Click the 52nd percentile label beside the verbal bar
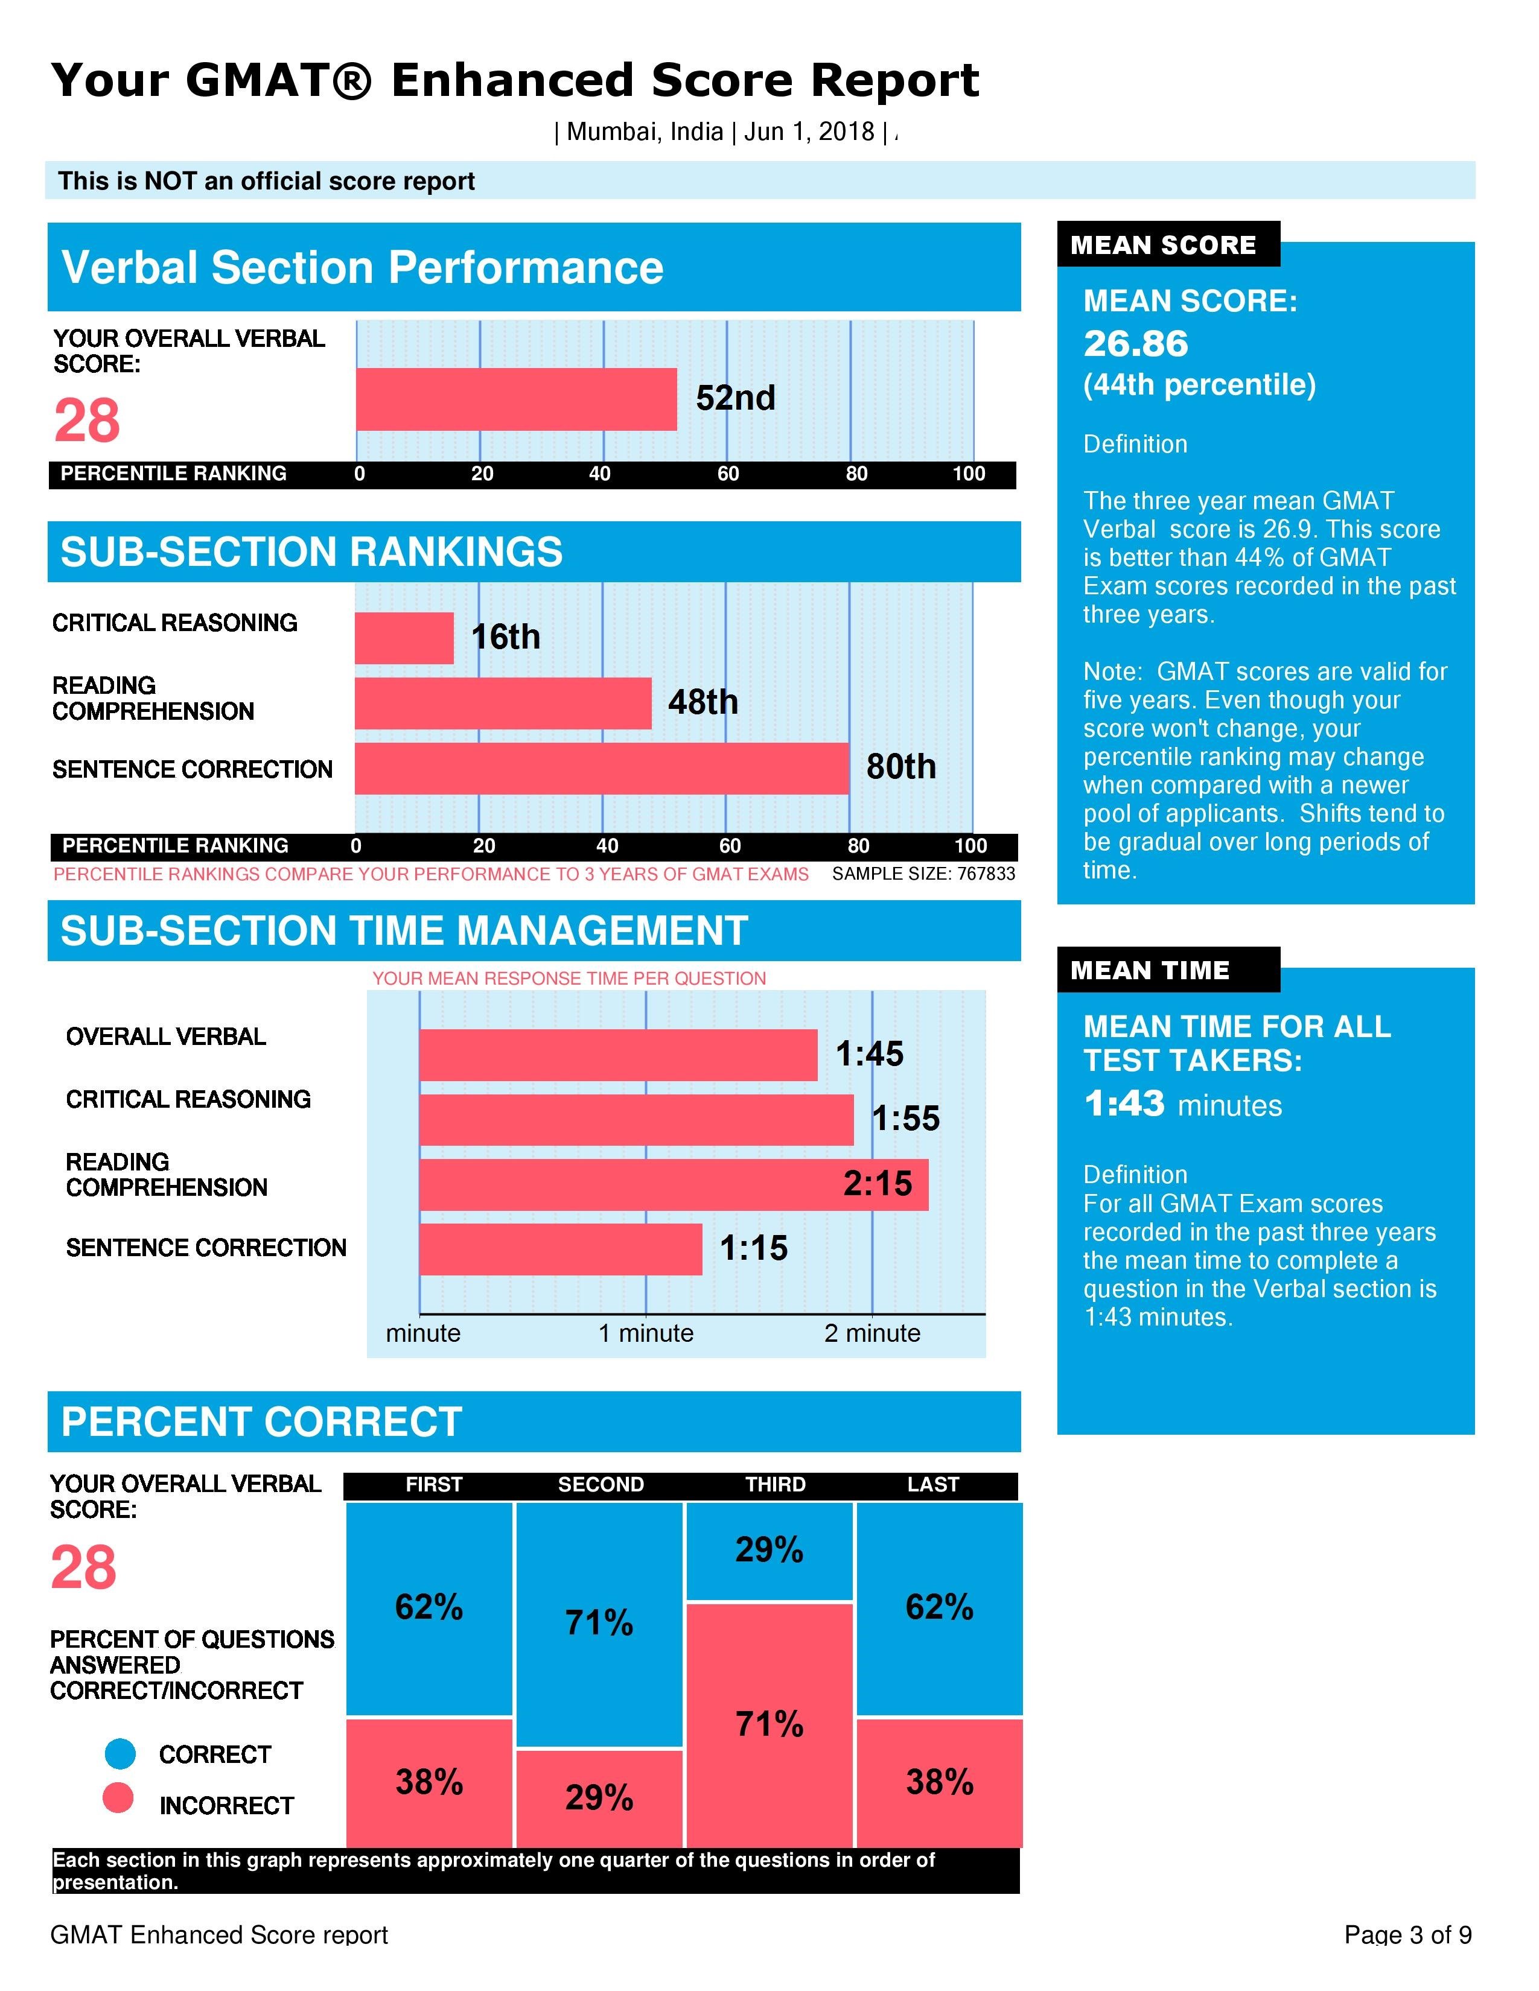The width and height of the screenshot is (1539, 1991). [x=735, y=398]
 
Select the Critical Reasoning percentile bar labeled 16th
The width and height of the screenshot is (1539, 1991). [x=404, y=638]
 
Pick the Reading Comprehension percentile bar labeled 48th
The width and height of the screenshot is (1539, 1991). [x=502, y=703]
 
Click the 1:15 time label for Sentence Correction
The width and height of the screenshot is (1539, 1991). [x=753, y=1248]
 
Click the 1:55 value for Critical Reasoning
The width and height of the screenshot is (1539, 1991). [x=905, y=1119]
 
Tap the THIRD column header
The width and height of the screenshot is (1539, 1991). [x=775, y=1484]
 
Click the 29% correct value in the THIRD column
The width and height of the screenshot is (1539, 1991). [x=768, y=1550]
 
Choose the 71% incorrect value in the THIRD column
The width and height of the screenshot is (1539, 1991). [x=768, y=1724]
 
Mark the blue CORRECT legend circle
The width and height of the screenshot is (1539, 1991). [x=120, y=1753]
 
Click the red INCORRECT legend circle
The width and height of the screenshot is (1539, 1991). [x=118, y=1798]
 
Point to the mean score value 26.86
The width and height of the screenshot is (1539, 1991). [x=1135, y=344]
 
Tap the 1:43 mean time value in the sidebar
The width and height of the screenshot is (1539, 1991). [x=1124, y=1104]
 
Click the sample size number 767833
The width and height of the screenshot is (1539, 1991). [x=986, y=874]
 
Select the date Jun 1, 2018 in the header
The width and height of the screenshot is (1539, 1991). [x=809, y=132]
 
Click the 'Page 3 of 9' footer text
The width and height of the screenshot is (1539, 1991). [x=1407, y=1934]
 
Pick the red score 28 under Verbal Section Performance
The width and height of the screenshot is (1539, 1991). [x=87, y=421]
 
